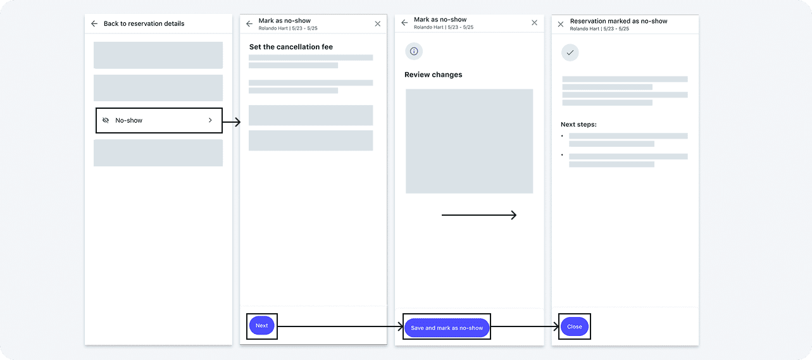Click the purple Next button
click(261, 326)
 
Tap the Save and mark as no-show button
click(447, 328)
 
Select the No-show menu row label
click(128, 120)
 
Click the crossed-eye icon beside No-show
click(106, 120)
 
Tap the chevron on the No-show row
click(210, 120)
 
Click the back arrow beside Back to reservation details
click(94, 23)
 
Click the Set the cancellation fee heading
click(290, 47)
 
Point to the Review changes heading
click(433, 75)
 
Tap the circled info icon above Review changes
click(414, 51)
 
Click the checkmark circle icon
click(570, 53)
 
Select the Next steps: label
click(578, 125)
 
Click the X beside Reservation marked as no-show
click(560, 24)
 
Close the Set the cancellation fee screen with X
click(377, 23)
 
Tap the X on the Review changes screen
click(534, 23)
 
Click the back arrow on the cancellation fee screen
click(249, 24)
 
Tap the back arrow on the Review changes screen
click(404, 23)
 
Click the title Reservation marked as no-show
click(618, 21)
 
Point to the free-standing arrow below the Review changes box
click(479, 215)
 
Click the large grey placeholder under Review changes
click(469, 141)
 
